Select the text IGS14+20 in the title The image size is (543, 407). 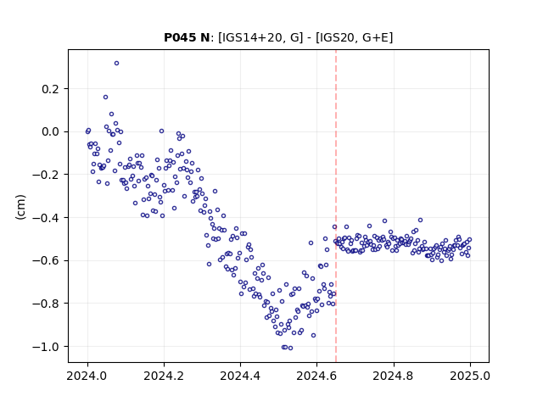(250, 37)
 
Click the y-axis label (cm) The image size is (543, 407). (20, 207)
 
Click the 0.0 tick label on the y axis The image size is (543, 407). (51, 132)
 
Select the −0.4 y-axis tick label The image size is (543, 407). (47, 218)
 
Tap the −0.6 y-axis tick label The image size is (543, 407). (47, 260)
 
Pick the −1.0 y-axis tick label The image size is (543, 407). (47, 347)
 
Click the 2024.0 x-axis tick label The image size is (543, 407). (87, 376)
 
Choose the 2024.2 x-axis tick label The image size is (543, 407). (164, 376)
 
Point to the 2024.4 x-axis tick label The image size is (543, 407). (240, 376)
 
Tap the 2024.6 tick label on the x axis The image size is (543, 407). (316, 376)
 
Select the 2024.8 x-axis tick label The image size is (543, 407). (393, 376)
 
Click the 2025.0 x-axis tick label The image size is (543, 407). (470, 376)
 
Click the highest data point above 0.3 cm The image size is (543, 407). (117, 64)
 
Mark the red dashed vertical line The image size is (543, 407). (336, 206)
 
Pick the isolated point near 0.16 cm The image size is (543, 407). (105, 98)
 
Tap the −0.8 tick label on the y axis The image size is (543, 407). (47, 304)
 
